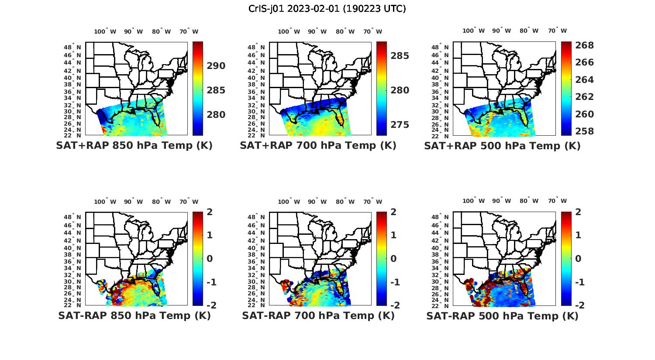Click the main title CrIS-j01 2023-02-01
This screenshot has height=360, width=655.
click(327, 9)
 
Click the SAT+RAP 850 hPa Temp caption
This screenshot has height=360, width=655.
click(134, 146)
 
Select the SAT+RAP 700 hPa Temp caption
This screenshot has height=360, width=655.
click(318, 146)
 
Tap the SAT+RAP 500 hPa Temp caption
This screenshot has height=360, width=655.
click(502, 146)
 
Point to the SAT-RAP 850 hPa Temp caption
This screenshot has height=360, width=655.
click(134, 316)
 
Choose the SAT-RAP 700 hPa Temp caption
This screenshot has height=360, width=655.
click(318, 316)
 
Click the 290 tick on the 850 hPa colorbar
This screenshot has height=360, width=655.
click(216, 66)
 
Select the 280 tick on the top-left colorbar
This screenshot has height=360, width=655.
click(216, 115)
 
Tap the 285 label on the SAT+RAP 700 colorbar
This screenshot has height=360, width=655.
click(400, 56)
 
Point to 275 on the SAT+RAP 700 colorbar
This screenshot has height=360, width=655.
click(400, 125)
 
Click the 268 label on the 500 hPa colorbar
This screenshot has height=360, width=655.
click(584, 45)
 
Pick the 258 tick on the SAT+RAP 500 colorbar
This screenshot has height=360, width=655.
click(584, 131)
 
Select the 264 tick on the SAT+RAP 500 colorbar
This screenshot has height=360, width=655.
click(584, 80)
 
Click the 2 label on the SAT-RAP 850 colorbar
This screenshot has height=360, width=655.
click(210, 212)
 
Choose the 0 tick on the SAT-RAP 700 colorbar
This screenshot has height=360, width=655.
click(393, 258)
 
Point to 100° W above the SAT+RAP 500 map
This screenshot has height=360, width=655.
click(474, 31)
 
